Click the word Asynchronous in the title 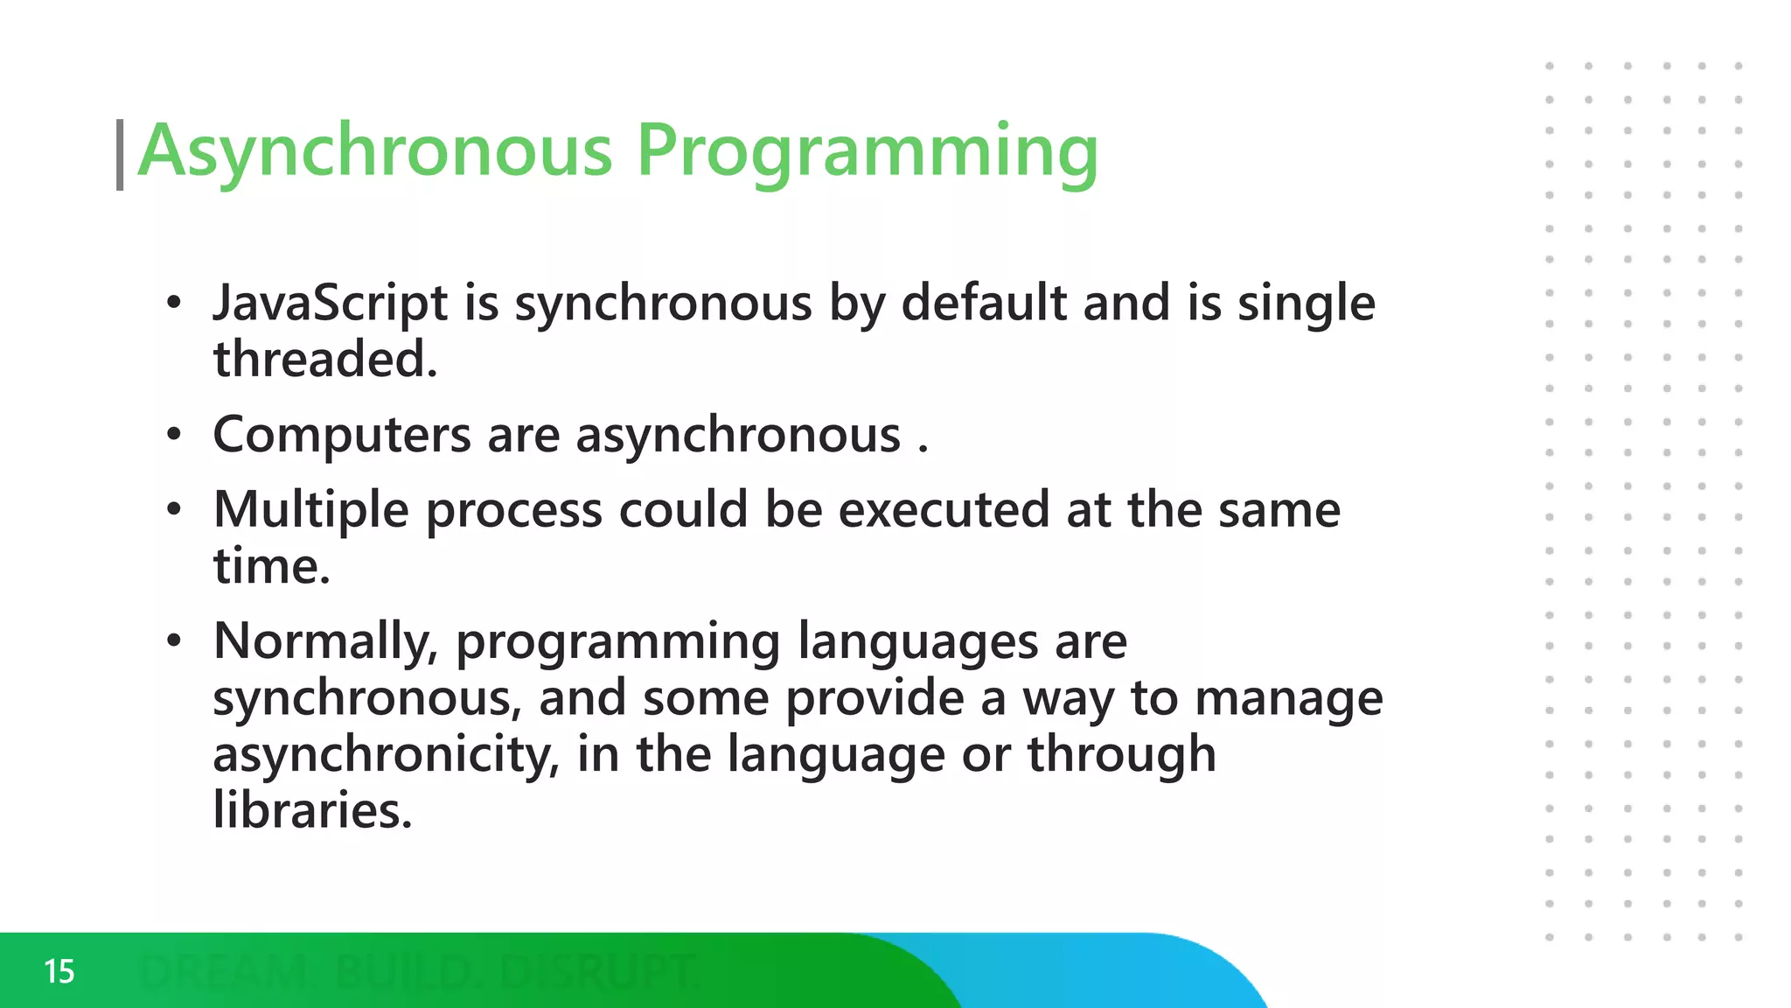tap(375, 150)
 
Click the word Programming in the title tap(867, 150)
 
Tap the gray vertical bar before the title tap(120, 155)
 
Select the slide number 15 tap(59, 971)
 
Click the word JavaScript tap(331, 304)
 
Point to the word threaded tap(324, 360)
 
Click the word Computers tap(342, 435)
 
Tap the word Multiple tap(310, 510)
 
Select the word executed tap(944, 510)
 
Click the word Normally tap(325, 641)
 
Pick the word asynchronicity tap(385, 754)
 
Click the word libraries tap(311, 810)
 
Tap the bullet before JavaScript tap(174, 304)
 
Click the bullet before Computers tap(174, 435)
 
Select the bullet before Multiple tap(174, 510)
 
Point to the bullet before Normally tap(174, 641)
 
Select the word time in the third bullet tap(270, 566)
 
